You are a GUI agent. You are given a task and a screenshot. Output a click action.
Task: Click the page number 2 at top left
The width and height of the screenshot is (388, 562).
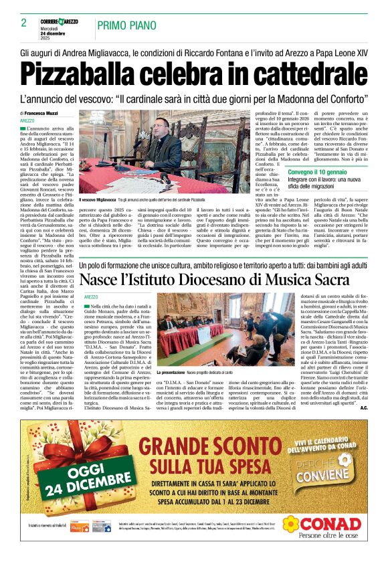(23, 23)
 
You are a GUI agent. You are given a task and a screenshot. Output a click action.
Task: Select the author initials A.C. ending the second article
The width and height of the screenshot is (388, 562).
(363, 407)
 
